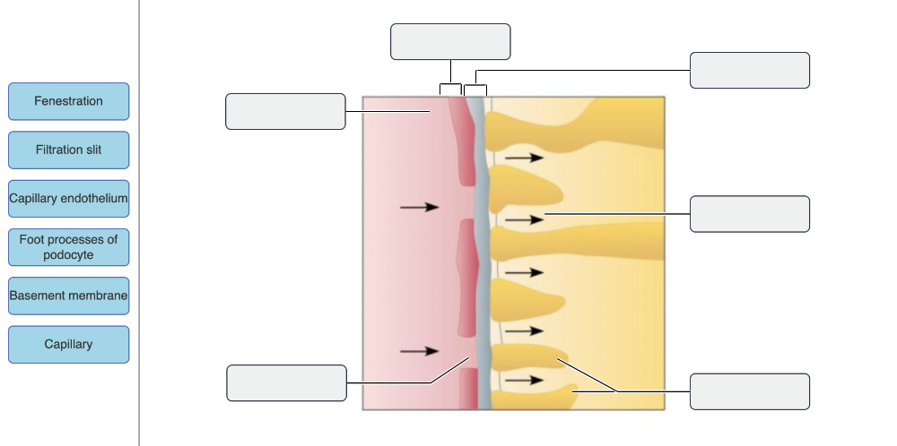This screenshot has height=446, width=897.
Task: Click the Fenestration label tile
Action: [x=68, y=101]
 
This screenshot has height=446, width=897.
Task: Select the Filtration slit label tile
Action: [x=68, y=150]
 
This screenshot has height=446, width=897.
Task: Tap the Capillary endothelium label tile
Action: [x=68, y=198]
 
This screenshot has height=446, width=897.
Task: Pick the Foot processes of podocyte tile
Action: [x=68, y=247]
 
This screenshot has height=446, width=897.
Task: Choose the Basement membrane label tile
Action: [x=68, y=296]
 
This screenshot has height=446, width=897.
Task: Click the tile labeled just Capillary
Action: [x=68, y=344]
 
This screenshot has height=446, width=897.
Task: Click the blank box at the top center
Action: [x=450, y=41]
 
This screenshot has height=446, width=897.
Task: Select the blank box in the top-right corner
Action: [x=749, y=70]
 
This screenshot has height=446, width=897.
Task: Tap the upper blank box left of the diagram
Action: [x=285, y=111]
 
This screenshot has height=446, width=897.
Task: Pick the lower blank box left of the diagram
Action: [x=286, y=382]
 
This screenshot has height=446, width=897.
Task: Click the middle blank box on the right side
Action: [x=749, y=214]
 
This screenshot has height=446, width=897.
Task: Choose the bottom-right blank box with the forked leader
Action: [x=749, y=391]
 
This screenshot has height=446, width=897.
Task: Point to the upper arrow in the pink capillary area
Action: [x=418, y=207]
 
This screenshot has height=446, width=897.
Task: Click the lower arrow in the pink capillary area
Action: [x=418, y=350]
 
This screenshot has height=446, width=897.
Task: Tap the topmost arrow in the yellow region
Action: [x=524, y=158]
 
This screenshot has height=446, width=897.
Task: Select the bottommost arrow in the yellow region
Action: [x=524, y=380]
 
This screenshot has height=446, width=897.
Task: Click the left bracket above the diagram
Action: [x=450, y=89]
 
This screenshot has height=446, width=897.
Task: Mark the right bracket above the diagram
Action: [x=475, y=89]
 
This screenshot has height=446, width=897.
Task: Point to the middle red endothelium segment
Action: [x=466, y=278]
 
